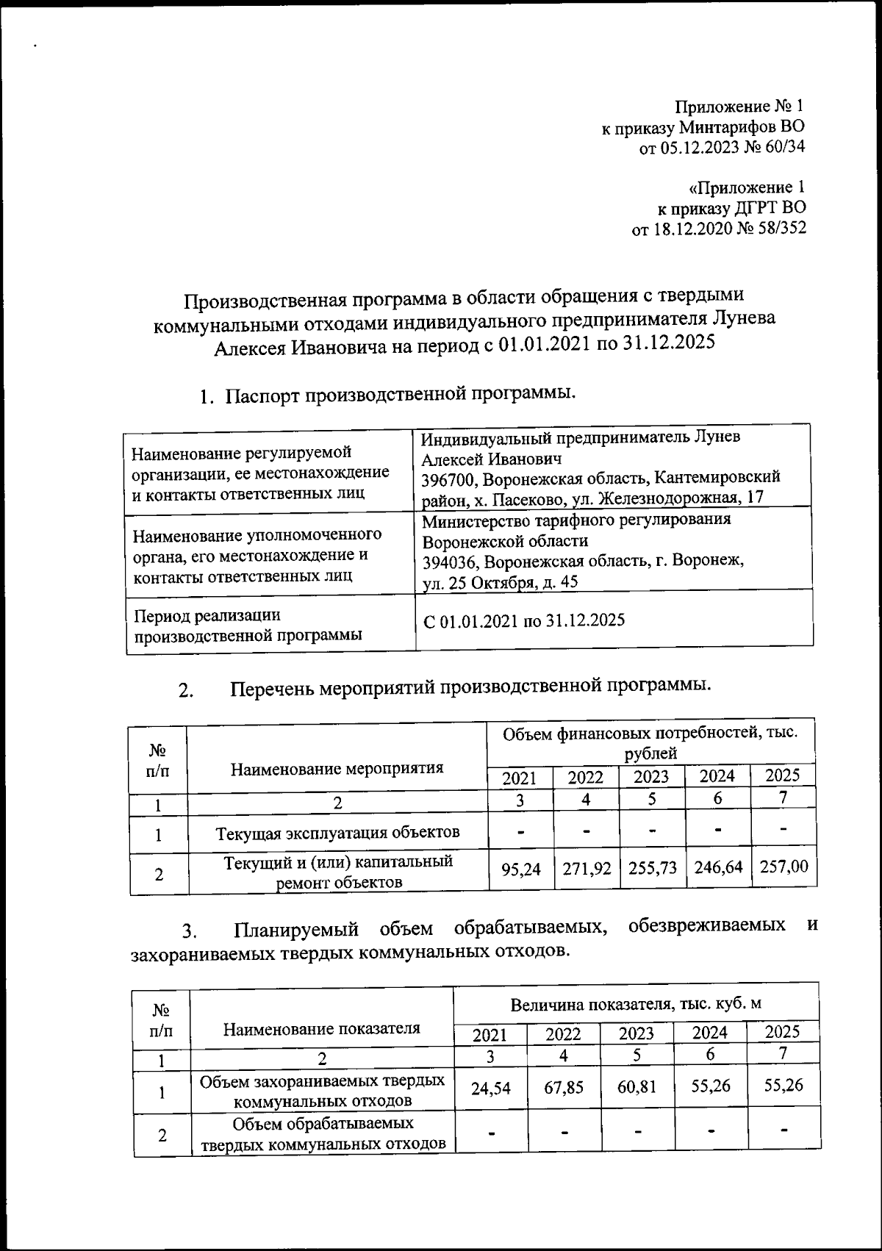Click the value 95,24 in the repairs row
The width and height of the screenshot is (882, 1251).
point(520,869)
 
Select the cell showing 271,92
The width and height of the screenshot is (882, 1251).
point(587,868)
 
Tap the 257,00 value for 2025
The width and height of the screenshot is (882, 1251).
point(784,867)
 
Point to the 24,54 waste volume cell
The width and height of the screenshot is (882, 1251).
point(490,1087)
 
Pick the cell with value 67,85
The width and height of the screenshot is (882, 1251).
point(564,1086)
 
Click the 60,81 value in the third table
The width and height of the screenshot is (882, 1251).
point(637,1086)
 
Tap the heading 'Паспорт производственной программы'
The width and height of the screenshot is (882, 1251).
point(401,395)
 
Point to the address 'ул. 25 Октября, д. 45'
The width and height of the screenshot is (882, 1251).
point(500,582)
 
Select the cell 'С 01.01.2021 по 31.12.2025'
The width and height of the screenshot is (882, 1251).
point(523,620)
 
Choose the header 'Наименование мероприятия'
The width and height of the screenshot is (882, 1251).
point(337,769)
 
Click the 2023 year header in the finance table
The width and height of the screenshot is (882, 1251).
point(651,777)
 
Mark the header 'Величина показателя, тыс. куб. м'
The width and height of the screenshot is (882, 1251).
point(636,1004)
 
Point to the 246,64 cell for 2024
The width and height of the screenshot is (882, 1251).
point(717,867)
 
